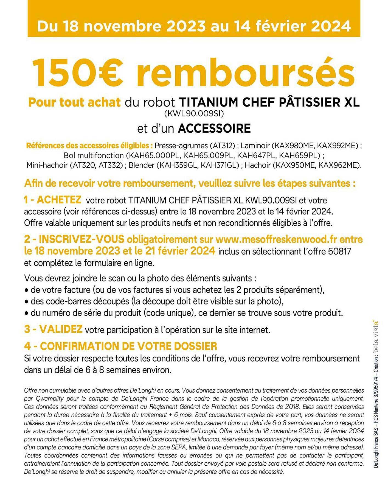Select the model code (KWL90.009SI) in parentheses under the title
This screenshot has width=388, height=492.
(x=194, y=113)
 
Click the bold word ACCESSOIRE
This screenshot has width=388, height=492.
(x=214, y=128)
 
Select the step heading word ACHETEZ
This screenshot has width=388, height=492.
(x=59, y=200)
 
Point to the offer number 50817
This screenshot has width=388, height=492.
(x=340, y=251)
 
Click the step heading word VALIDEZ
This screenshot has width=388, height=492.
(x=61, y=329)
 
